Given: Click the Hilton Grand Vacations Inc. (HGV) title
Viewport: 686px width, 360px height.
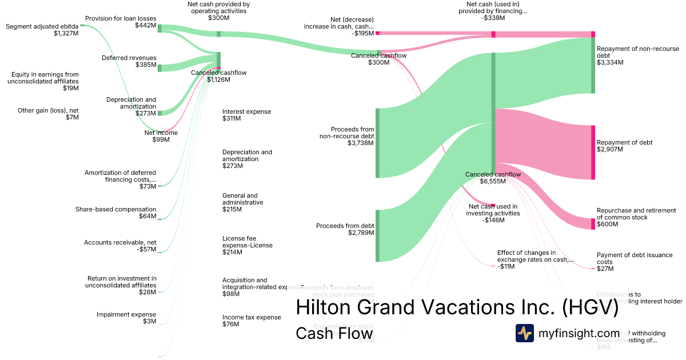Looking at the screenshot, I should click(x=456, y=307).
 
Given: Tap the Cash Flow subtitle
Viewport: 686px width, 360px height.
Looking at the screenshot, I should click(x=334, y=333).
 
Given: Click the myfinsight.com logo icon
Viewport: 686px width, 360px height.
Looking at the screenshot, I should click(x=524, y=333).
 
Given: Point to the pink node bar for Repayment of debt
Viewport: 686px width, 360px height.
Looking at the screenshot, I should click(x=593, y=152).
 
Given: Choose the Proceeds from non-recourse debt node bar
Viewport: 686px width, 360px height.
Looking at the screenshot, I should click(x=377, y=142).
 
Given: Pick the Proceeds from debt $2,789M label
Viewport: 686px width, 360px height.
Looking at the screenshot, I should click(x=345, y=229).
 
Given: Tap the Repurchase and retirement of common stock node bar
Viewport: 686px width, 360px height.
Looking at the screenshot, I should click(x=593, y=223).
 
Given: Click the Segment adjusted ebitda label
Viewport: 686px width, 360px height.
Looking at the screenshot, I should click(x=42, y=30).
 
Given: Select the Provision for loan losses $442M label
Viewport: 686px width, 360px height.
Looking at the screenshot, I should click(x=121, y=22).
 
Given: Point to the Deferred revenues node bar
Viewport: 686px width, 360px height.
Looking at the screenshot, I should click(x=159, y=68).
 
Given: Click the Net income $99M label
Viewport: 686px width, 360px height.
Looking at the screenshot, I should click(x=161, y=136).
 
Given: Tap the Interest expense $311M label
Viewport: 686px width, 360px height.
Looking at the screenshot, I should click(x=246, y=115).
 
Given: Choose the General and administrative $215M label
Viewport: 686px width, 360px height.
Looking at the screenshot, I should click(x=243, y=202).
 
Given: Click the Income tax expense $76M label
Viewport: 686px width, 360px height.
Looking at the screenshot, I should click(x=252, y=321).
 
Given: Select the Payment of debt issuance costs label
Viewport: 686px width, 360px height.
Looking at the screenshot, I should click(x=627, y=262).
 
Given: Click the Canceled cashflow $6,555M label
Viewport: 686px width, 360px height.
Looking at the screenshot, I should click(x=493, y=178).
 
